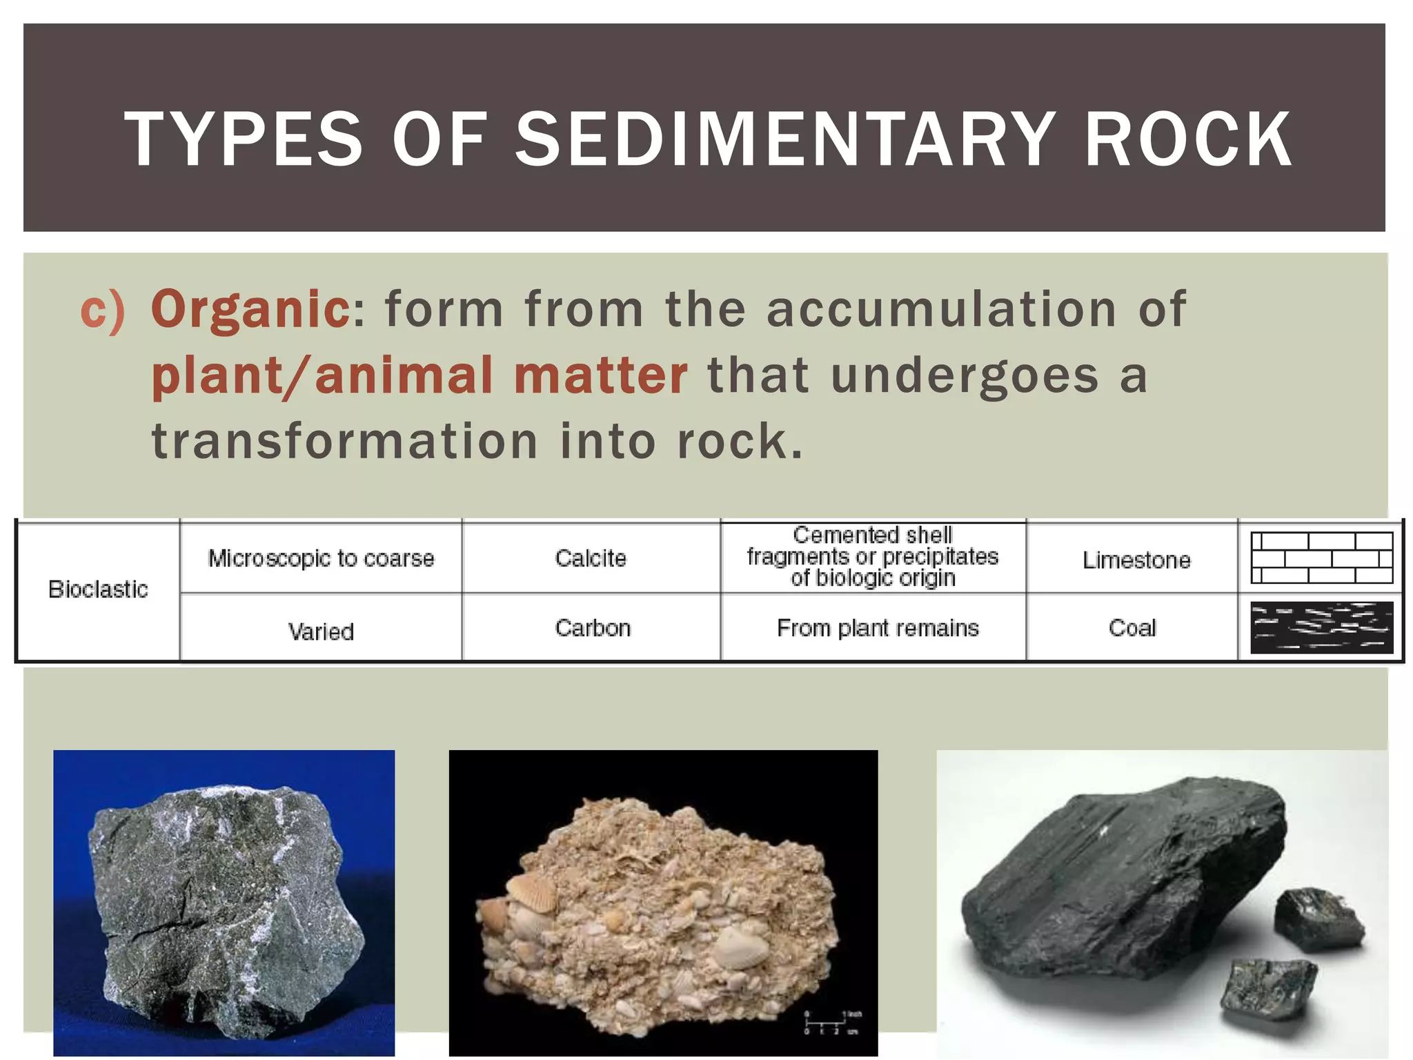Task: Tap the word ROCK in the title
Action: coord(1188,139)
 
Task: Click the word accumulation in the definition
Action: coord(942,308)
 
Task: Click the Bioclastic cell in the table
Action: coord(98,589)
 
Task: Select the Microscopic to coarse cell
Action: coord(321,558)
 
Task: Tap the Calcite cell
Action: coord(591,558)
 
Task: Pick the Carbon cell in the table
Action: coord(593,628)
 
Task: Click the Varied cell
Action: coord(321,631)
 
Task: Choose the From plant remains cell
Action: coord(878,628)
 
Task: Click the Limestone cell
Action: coord(1136,560)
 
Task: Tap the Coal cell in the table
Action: coord(1132,628)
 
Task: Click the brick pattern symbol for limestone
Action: coord(1321,558)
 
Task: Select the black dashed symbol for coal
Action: coord(1321,627)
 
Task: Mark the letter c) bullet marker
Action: coord(103,310)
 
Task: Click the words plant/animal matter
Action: coord(419,375)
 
